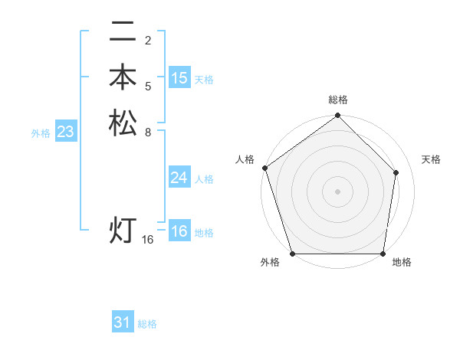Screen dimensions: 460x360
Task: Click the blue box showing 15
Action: pyautogui.click(x=179, y=78)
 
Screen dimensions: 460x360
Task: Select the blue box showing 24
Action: pyautogui.click(x=179, y=178)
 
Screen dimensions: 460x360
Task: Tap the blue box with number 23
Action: pyautogui.click(x=66, y=133)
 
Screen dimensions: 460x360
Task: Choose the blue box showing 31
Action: pyautogui.click(x=123, y=322)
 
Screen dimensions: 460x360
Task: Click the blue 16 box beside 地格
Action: pyautogui.click(x=179, y=231)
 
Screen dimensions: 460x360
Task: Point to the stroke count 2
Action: pyautogui.click(x=147, y=40)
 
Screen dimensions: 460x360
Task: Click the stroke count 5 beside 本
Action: pyautogui.click(x=147, y=86)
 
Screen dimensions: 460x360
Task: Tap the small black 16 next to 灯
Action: pyautogui.click(x=148, y=240)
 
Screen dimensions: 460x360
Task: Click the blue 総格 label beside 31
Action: pyautogui.click(x=147, y=324)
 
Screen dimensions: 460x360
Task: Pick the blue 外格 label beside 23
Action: pyautogui.click(x=41, y=133)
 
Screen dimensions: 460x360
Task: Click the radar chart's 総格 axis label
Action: pyautogui.click(x=338, y=100)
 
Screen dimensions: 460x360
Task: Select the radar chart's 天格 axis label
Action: pyautogui.click(x=431, y=159)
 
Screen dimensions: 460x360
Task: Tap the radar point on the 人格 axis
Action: pyautogui.click(x=264, y=168)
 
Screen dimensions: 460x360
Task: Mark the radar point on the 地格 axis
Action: pyautogui.click(x=383, y=254)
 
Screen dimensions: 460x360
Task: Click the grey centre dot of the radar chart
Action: pyautogui.click(x=338, y=191)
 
